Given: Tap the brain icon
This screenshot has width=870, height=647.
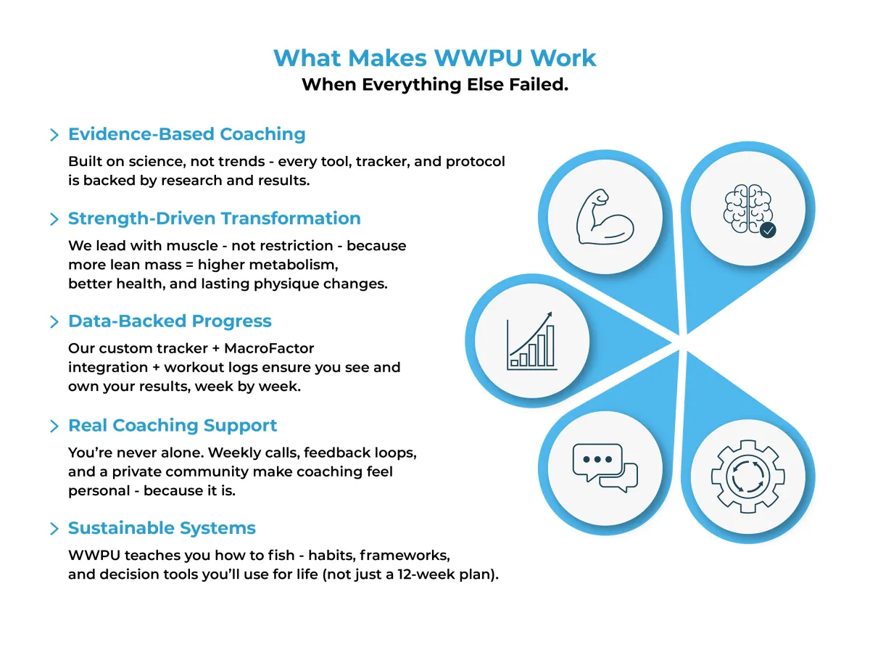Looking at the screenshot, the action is (748, 208).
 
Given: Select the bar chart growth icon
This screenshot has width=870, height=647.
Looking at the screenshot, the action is (531, 341).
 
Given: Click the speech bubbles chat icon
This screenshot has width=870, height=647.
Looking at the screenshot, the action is (605, 468).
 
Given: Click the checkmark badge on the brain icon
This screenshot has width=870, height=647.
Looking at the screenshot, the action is (768, 231).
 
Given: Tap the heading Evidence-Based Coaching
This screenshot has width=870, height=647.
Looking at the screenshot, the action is (187, 134).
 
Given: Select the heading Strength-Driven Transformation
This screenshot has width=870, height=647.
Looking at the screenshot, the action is (214, 218).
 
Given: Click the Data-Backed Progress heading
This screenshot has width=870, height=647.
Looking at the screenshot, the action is (170, 321).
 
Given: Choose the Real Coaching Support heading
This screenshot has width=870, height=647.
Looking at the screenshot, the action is (173, 425).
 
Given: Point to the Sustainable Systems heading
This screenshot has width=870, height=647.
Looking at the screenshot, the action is (162, 527).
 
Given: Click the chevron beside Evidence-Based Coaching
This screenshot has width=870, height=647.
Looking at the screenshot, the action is (54, 135).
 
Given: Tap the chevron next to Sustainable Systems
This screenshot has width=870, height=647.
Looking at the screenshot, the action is (54, 529).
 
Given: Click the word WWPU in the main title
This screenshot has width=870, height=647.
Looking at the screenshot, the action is (478, 58).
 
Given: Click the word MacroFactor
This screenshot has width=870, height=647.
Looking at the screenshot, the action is (269, 348).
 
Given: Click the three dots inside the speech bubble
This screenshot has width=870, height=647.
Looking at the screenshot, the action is (597, 459).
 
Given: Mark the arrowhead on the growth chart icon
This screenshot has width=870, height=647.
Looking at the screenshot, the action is (549, 315).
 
